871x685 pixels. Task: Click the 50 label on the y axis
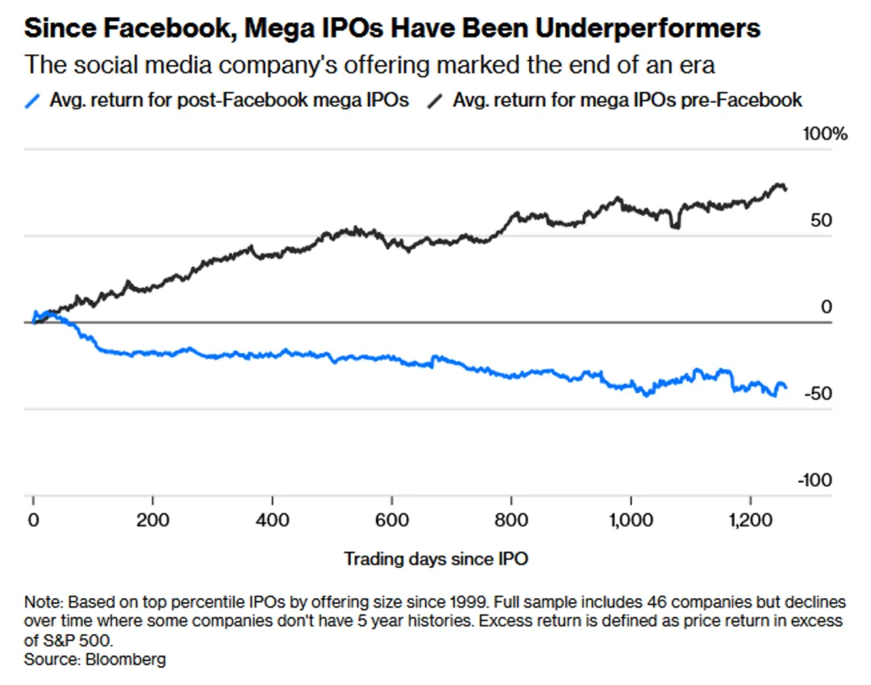(820, 221)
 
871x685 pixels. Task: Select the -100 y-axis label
(815, 480)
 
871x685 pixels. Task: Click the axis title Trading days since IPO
(435, 558)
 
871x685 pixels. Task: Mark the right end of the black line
(786, 189)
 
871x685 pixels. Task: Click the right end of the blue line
(786, 388)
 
